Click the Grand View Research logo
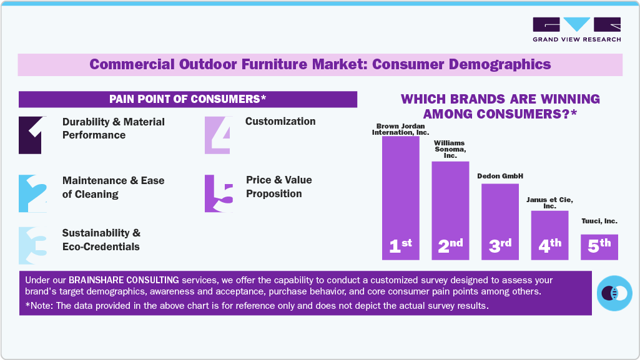point(576,29)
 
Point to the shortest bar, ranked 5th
point(599,246)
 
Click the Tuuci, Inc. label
point(599,221)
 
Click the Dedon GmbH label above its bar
point(500,176)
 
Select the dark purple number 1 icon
point(30,135)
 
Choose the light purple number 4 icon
point(217,135)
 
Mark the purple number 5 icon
point(219,193)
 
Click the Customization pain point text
point(280,121)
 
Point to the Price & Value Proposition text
point(278,187)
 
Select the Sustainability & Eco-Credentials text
point(101,240)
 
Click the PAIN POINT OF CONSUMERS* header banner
point(187,99)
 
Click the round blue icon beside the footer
point(614,293)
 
